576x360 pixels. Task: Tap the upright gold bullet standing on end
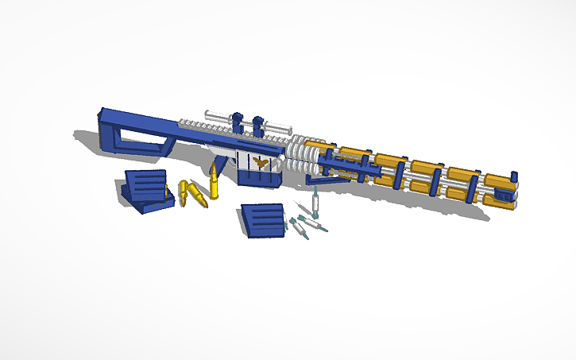pyautogui.click(x=215, y=182)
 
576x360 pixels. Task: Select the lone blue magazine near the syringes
pyautogui.click(x=262, y=219)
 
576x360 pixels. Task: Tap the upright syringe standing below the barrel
pyautogui.click(x=315, y=203)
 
